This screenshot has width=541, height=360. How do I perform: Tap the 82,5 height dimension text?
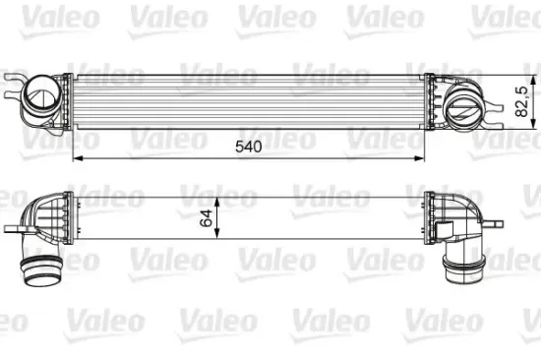point(522,100)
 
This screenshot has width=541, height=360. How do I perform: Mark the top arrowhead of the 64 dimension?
point(217,196)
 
